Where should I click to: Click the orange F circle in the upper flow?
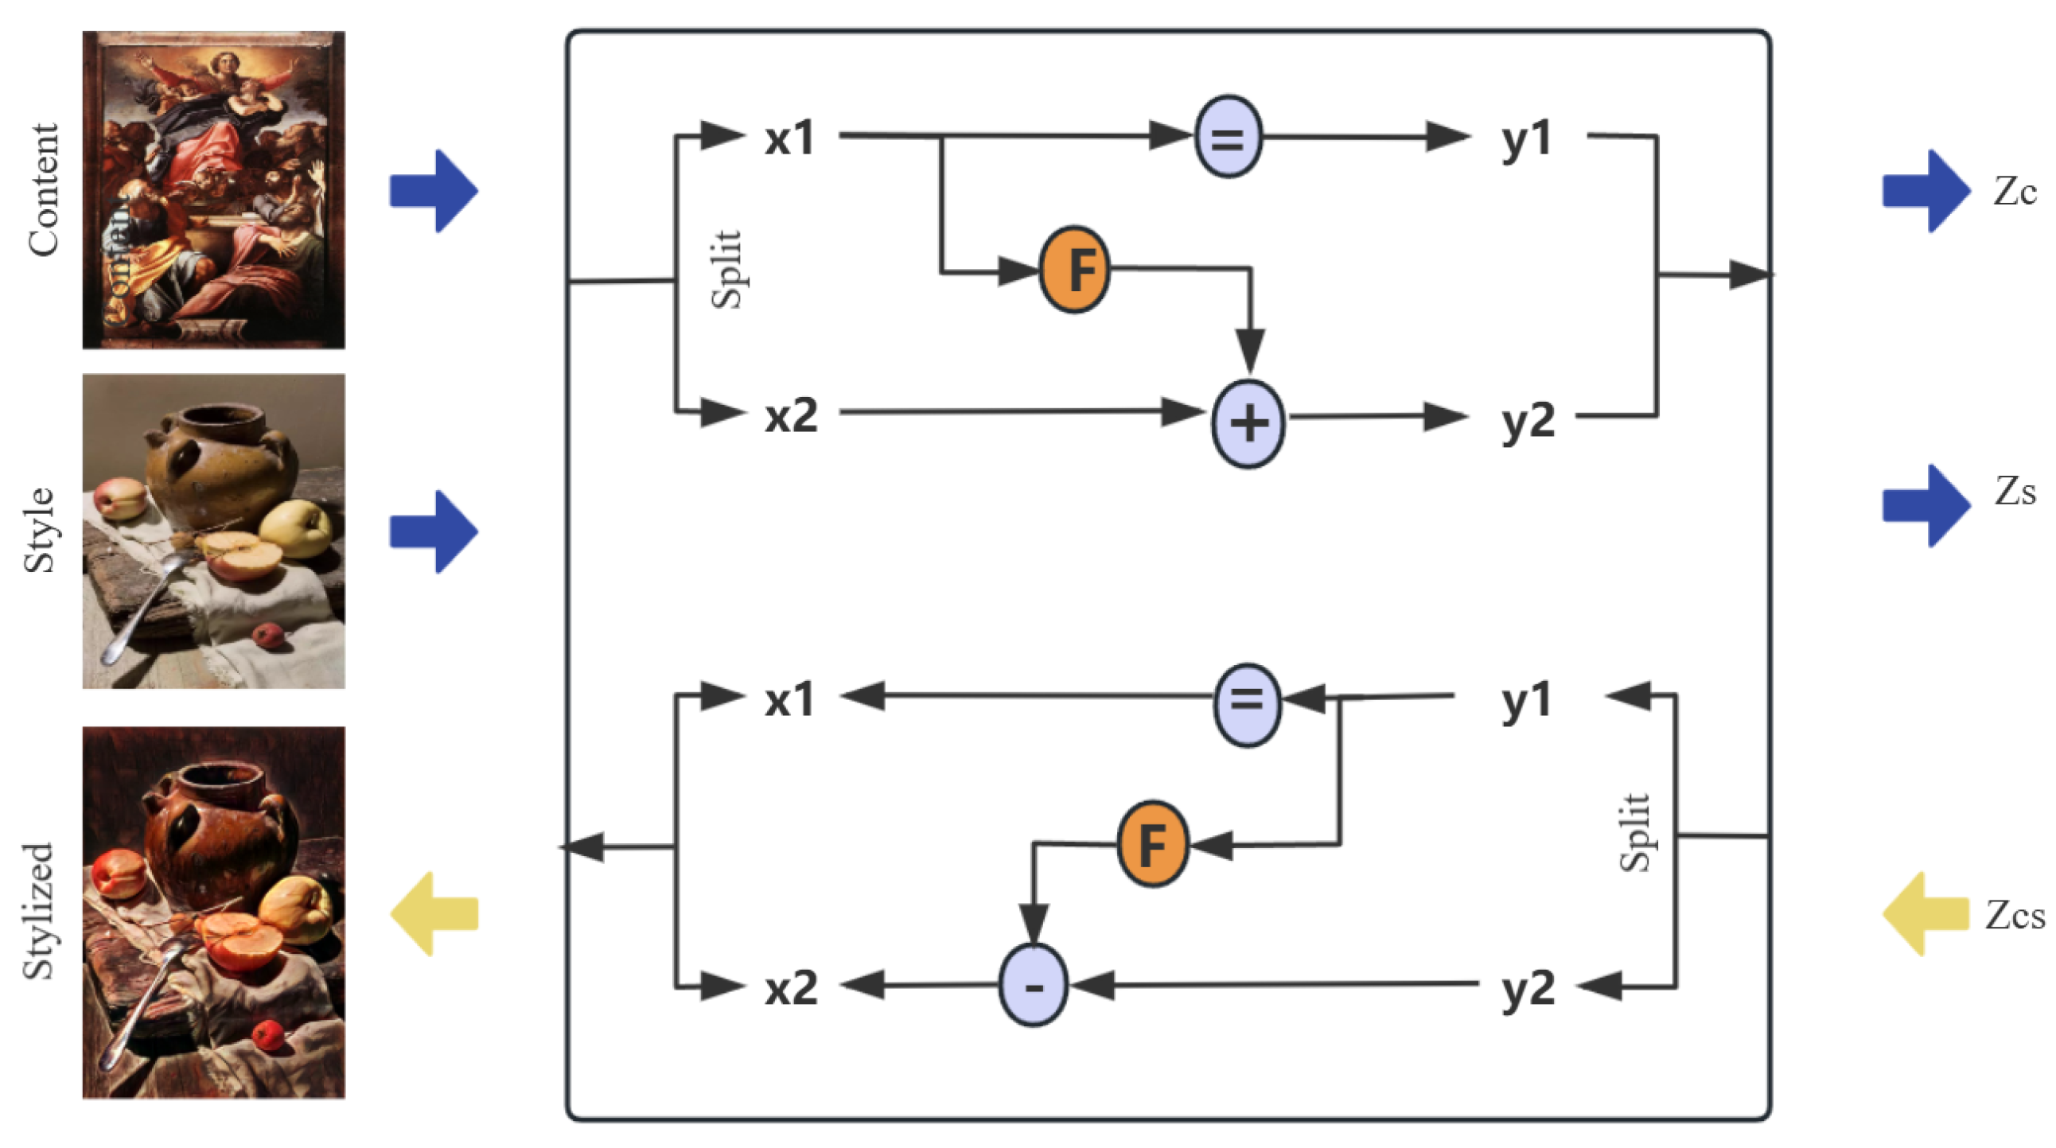pyautogui.click(x=1074, y=269)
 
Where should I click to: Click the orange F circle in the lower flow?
pyautogui.click(x=1151, y=843)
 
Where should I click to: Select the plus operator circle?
pyautogui.click(x=1248, y=422)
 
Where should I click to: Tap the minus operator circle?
pyautogui.click(x=1033, y=985)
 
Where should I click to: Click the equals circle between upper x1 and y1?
pyautogui.click(x=1228, y=136)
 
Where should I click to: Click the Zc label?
pyautogui.click(x=2014, y=192)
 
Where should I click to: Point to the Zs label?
pyautogui.click(x=2015, y=492)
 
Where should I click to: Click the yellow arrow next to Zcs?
pyautogui.click(x=1924, y=913)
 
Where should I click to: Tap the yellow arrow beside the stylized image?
pyautogui.click(x=434, y=913)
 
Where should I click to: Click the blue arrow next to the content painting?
pyautogui.click(x=434, y=192)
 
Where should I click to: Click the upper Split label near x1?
pyautogui.click(x=726, y=269)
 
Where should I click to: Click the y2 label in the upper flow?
pyautogui.click(x=1528, y=420)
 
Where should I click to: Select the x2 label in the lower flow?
pyautogui.click(x=791, y=987)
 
